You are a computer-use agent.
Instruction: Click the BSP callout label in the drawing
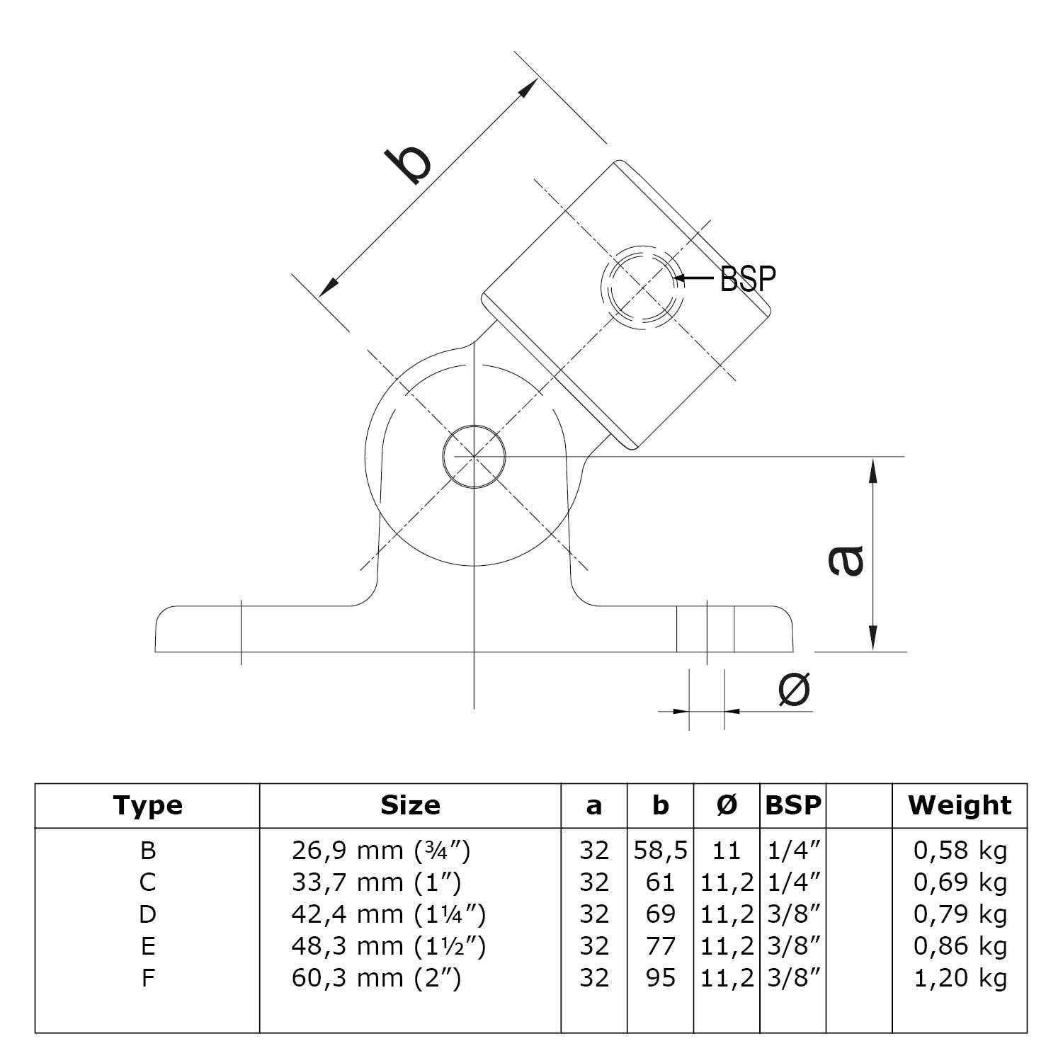tap(747, 279)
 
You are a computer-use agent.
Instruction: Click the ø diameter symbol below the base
tap(794, 689)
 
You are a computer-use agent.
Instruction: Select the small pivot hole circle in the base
tap(474, 457)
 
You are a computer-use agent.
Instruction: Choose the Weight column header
tap(960, 805)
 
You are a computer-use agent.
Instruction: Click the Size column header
tap(410, 805)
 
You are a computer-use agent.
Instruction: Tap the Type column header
tap(147, 805)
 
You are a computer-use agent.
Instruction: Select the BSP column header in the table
tap(793, 805)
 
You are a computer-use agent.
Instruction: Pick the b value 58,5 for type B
tap(660, 850)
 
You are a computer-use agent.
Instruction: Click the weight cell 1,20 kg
tap(960, 978)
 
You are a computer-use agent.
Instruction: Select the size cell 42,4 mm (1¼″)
tap(388, 914)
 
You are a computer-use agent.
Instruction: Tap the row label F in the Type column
tap(147, 978)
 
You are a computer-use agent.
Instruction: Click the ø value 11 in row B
tap(727, 850)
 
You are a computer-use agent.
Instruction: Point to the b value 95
tap(660, 978)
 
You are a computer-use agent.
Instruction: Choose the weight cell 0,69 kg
tap(960, 882)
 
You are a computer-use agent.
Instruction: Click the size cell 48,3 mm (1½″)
tap(388, 946)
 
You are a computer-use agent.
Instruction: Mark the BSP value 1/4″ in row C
tap(793, 882)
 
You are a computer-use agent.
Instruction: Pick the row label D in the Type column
tap(147, 914)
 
